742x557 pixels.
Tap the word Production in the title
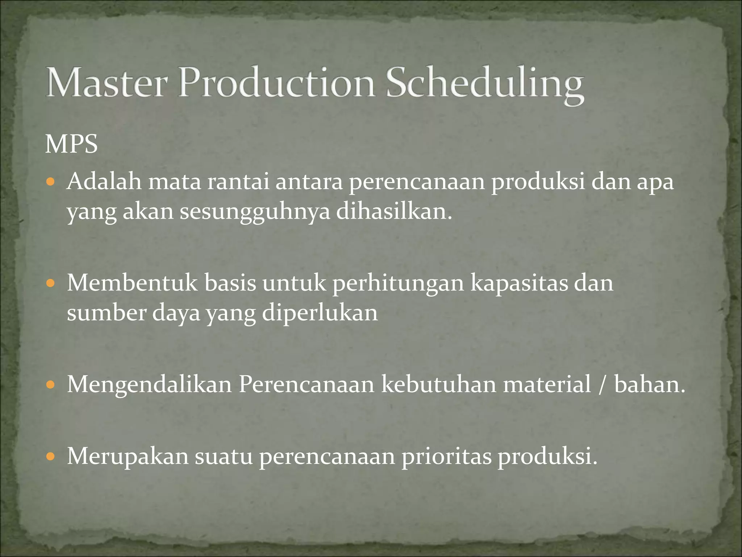277,83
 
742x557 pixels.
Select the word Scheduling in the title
485,85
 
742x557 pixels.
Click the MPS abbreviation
71,144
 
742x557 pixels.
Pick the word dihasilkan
394,211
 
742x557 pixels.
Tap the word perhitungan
398,284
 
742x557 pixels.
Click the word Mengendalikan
149,385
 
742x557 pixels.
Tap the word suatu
224,456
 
